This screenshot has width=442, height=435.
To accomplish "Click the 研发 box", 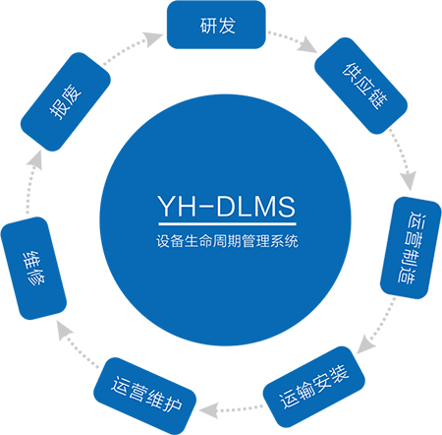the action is [x=216, y=25].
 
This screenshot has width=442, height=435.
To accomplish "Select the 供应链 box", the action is [x=360, y=86].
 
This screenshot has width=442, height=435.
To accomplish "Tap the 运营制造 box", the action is [x=411, y=248].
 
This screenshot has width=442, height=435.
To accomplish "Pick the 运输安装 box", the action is [x=313, y=387].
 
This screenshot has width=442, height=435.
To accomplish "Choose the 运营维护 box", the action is [x=145, y=396].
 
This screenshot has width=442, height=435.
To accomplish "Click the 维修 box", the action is [x=33, y=268].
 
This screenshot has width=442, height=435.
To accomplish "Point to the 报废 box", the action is [x=66, y=101].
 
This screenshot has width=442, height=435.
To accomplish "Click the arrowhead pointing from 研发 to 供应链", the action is [x=308, y=45].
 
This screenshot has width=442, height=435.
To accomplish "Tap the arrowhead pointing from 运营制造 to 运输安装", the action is [x=364, y=345].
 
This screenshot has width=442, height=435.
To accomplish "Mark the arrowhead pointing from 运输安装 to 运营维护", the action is [x=208, y=410].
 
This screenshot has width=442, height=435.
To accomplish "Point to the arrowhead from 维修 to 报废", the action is [x=35, y=159].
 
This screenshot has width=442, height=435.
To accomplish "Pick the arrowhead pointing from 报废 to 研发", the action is [x=153, y=38].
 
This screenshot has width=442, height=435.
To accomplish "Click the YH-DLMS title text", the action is [x=227, y=206].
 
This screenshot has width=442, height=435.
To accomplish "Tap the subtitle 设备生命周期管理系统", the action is [x=227, y=241].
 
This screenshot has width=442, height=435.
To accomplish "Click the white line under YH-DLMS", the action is [x=227, y=224].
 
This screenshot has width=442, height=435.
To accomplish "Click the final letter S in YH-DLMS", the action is [x=286, y=207].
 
